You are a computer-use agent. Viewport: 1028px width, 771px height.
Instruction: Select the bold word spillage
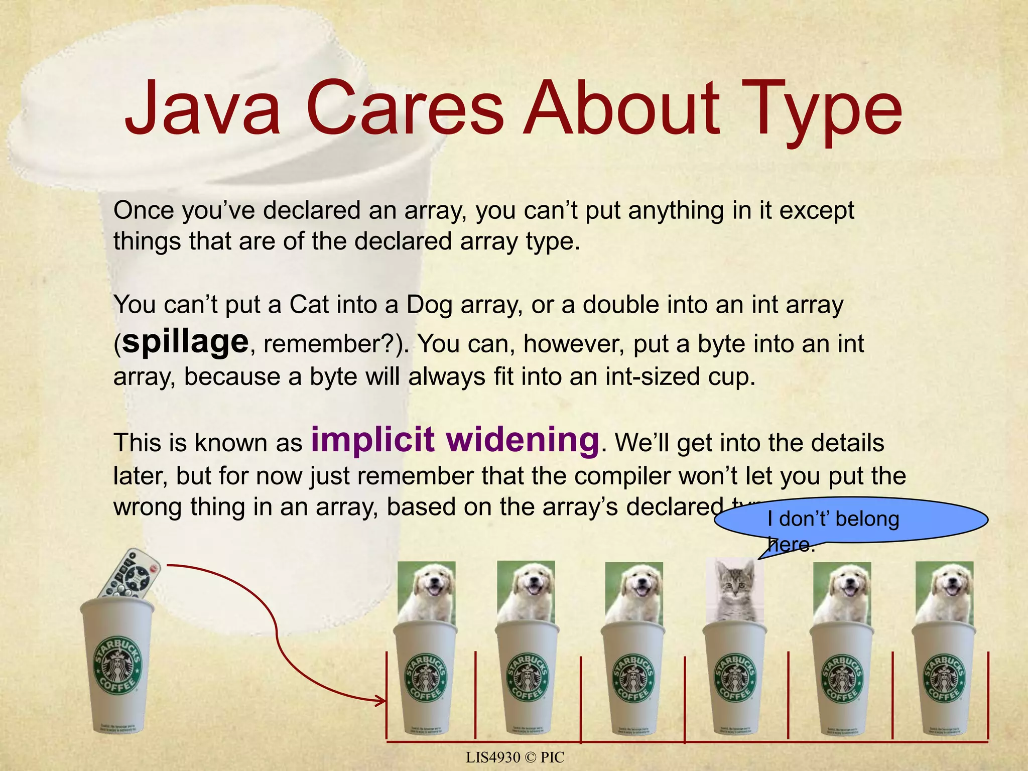coord(185,342)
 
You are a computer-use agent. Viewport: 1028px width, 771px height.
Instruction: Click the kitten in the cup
coord(735,590)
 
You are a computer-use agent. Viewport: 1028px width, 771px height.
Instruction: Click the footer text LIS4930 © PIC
coord(515,757)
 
